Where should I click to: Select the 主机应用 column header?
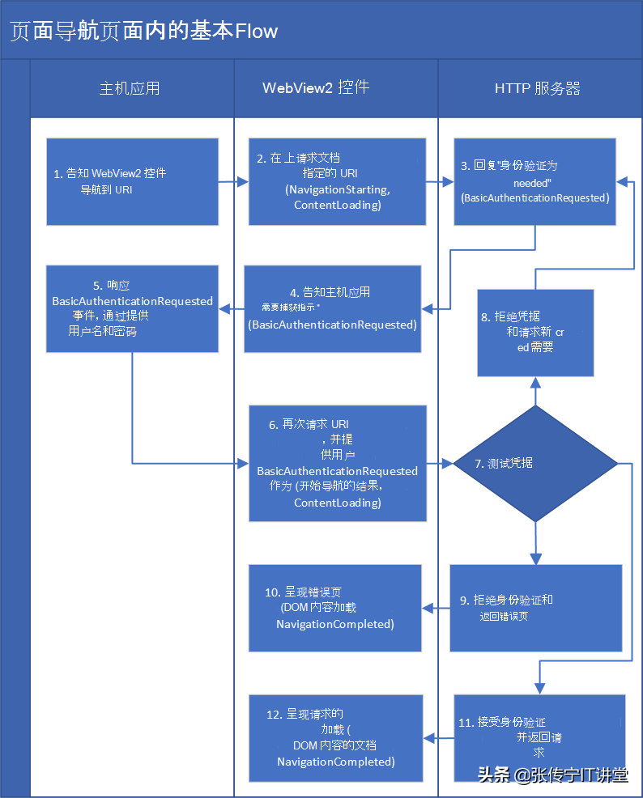click(130, 88)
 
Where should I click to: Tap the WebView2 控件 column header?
click(316, 88)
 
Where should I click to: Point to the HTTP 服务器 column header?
click(538, 88)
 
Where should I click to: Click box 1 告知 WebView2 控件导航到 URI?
click(132, 181)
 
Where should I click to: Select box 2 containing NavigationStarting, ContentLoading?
click(337, 181)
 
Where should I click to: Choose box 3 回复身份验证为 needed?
click(534, 181)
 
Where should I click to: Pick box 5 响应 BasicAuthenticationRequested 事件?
click(132, 308)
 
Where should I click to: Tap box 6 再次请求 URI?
click(337, 464)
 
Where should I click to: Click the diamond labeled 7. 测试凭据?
click(534, 464)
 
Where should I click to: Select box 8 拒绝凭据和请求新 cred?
click(535, 333)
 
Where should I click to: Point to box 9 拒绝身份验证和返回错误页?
click(535, 608)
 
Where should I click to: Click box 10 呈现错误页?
click(334, 608)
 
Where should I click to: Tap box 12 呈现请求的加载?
click(335, 737)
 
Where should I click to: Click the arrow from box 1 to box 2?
click(233, 182)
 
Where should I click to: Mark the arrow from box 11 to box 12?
click(438, 737)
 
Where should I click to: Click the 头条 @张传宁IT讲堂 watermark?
click(552, 775)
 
